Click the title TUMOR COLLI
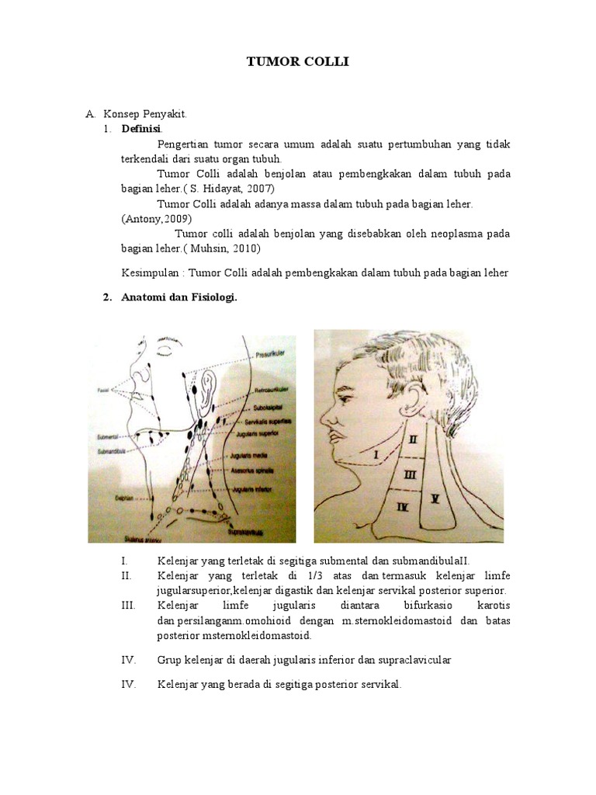pos(298,61)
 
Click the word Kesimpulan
pos(151,273)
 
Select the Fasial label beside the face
pos(103,390)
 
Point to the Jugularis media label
pos(248,460)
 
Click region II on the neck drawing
pos(413,439)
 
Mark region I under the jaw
pos(376,453)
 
